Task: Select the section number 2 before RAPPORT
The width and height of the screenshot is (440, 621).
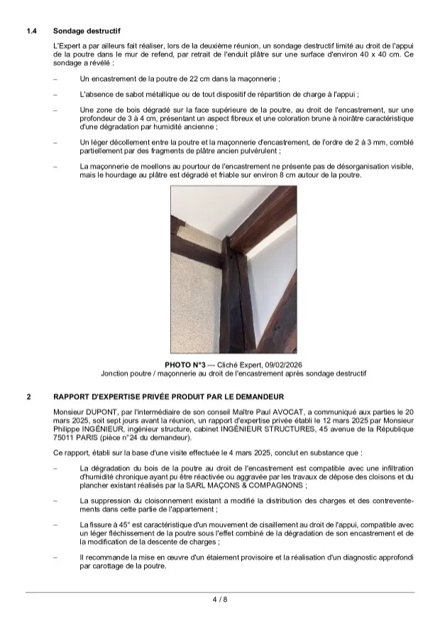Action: coord(29,396)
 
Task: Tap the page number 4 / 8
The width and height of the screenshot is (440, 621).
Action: coord(219,600)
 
